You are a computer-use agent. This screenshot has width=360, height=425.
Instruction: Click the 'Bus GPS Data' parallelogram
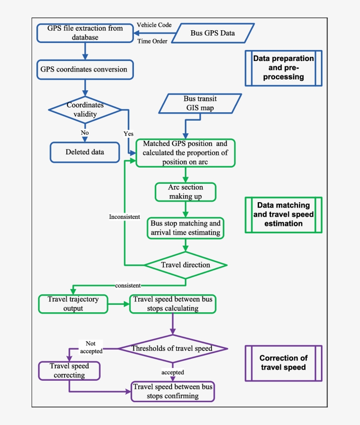[x=212, y=33]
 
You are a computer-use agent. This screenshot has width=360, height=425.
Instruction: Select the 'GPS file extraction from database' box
[x=85, y=33]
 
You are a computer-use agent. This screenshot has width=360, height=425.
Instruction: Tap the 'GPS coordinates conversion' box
[x=84, y=69]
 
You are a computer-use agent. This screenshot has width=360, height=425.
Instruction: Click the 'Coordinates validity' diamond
[x=85, y=109]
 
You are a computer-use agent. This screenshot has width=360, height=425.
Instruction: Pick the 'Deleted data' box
[x=85, y=152]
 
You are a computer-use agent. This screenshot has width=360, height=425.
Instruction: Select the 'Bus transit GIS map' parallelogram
[x=200, y=104]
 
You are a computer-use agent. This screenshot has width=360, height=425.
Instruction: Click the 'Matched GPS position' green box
[x=185, y=153]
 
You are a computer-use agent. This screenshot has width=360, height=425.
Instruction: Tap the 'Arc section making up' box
[x=185, y=192]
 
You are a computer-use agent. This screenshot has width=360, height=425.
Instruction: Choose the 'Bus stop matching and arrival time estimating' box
[x=185, y=228]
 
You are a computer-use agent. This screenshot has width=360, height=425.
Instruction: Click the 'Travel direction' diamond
[x=185, y=265]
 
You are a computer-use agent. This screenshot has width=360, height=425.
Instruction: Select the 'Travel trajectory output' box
[x=72, y=304]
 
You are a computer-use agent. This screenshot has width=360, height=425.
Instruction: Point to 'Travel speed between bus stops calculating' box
[x=173, y=304]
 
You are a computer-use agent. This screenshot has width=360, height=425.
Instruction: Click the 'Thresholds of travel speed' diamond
[x=172, y=349]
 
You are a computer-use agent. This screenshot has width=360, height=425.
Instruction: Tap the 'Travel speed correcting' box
[x=69, y=371]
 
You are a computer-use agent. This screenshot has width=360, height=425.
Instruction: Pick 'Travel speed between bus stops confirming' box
[x=173, y=391]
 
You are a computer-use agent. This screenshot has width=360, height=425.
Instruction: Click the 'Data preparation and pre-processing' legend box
[x=283, y=68]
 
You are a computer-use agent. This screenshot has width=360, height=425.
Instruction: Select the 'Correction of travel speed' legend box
[x=283, y=363]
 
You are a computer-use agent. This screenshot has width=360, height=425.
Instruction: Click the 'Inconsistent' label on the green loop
[x=125, y=217]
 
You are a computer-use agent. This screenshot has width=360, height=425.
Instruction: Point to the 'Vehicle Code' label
[x=154, y=25]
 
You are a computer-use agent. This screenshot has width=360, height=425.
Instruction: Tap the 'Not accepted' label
[x=91, y=347]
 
